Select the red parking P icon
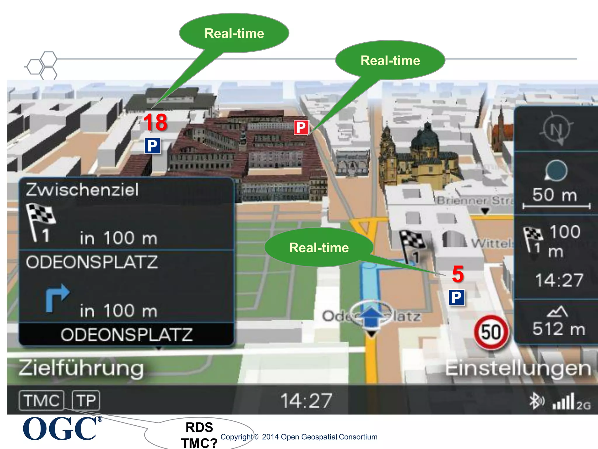pyautogui.click(x=301, y=128)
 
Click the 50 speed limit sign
pyautogui.click(x=491, y=332)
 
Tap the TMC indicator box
pyautogui.click(x=41, y=400)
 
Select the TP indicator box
pyautogui.click(x=86, y=400)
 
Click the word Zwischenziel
pyautogui.click(x=82, y=190)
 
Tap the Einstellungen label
pyautogui.click(x=518, y=368)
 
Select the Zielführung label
pyautogui.click(x=81, y=368)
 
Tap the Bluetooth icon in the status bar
pyautogui.click(x=536, y=401)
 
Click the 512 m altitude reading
pyautogui.click(x=559, y=329)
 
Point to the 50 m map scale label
pyautogui.click(x=554, y=195)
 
